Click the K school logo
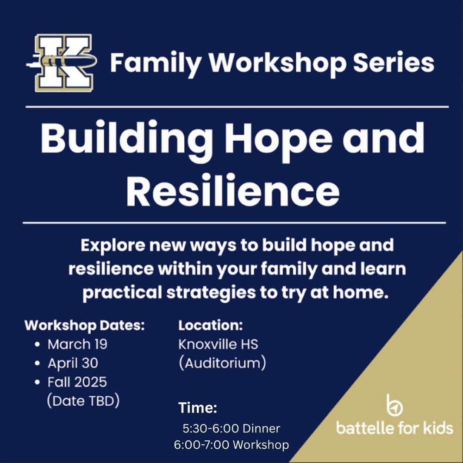click(62, 63)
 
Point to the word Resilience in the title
click(232, 191)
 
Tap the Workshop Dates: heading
click(85, 325)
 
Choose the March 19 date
click(77, 344)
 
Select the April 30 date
click(73, 363)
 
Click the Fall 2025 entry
click(77, 382)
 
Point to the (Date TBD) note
click(83, 400)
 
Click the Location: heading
click(211, 325)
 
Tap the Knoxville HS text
click(218, 344)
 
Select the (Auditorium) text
click(222, 363)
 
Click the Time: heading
click(198, 408)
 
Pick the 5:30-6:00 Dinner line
click(231, 429)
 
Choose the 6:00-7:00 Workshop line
click(231, 445)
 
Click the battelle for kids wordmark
click(394, 428)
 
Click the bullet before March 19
click(37, 345)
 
